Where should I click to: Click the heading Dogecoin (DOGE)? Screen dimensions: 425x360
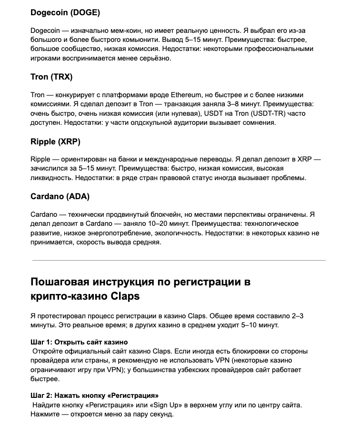coord(65,12)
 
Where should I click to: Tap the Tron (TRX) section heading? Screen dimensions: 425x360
coord(51,77)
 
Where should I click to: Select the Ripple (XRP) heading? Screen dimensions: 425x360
coord(55,142)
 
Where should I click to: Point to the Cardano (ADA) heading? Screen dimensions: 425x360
coord(60,196)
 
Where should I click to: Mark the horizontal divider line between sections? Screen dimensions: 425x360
coord(179,260)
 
